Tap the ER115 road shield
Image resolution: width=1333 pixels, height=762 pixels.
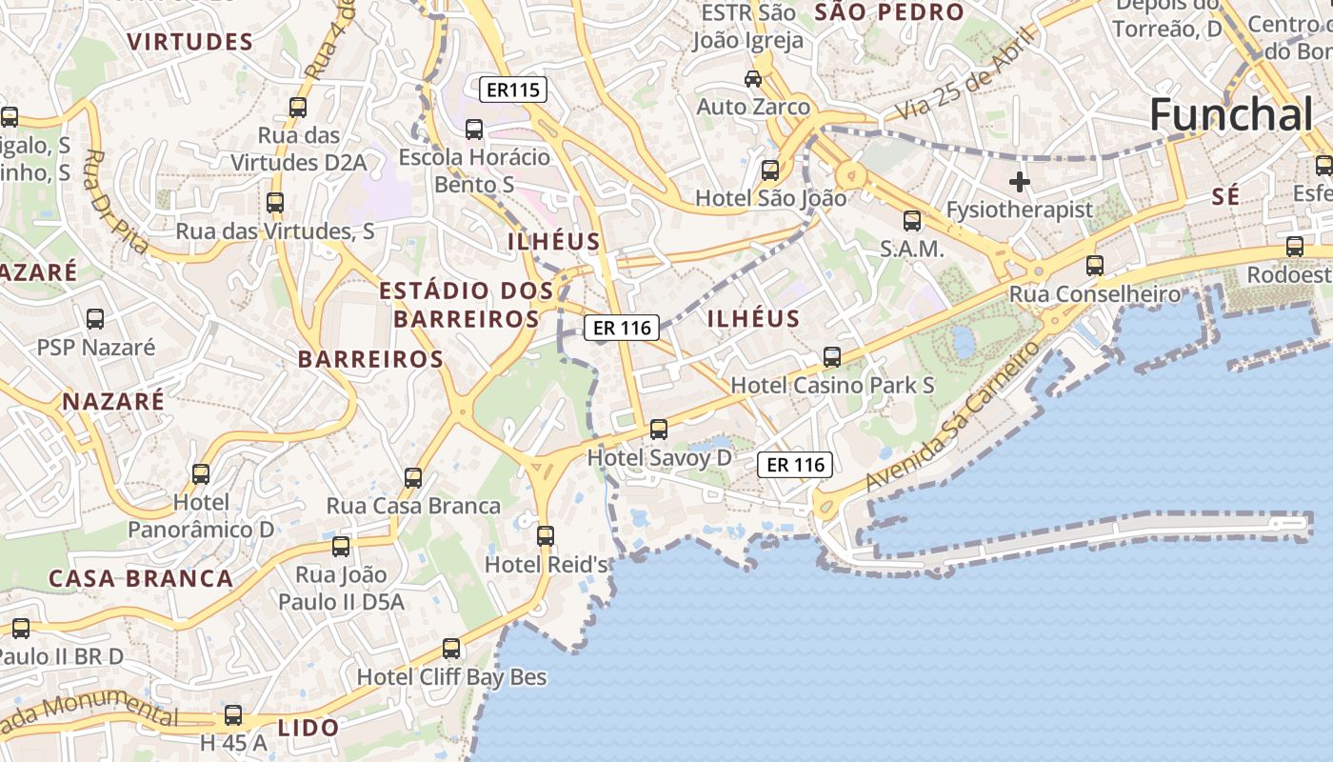pyautogui.click(x=513, y=90)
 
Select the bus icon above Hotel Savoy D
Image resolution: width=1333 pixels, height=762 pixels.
pyautogui.click(x=659, y=430)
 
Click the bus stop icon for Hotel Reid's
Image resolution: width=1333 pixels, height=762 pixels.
pyautogui.click(x=546, y=536)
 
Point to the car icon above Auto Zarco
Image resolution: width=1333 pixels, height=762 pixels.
pyautogui.click(x=753, y=78)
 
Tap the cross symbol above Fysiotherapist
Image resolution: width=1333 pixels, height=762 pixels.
pyautogui.click(x=1020, y=181)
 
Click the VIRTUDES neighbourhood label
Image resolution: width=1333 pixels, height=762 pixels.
pyautogui.click(x=190, y=42)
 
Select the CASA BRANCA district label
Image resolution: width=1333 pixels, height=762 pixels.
pyautogui.click(x=140, y=578)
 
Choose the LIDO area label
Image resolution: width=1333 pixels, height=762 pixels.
pyautogui.click(x=308, y=728)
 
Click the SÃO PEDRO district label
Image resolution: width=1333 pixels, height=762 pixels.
pyautogui.click(x=889, y=12)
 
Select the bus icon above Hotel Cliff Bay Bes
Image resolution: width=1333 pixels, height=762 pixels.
pyautogui.click(x=451, y=649)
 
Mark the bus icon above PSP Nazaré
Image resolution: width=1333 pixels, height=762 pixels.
pyautogui.click(x=95, y=319)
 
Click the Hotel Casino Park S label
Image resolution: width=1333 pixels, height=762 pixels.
pyautogui.click(x=832, y=386)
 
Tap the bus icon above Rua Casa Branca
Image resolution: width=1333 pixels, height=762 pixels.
pyautogui.click(x=413, y=478)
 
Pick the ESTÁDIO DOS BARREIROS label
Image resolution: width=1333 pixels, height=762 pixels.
pyautogui.click(x=467, y=304)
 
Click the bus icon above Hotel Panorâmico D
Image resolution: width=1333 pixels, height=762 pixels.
pyautogui.click(x=201, y=474)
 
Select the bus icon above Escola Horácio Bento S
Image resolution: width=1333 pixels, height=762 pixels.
pyautogui.click(x=474, y=130)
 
